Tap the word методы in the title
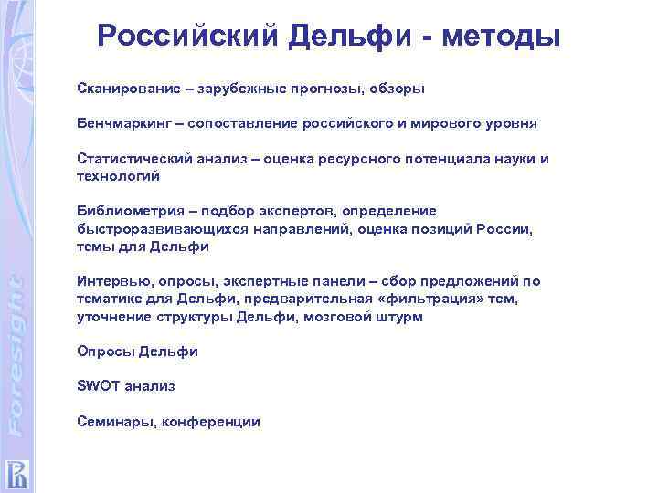click(501, 36)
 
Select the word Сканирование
click(124, 89)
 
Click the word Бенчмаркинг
click(122, 123)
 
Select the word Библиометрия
click(126, 212)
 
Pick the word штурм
click(401, 317)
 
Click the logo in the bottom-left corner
click(17, 473)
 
